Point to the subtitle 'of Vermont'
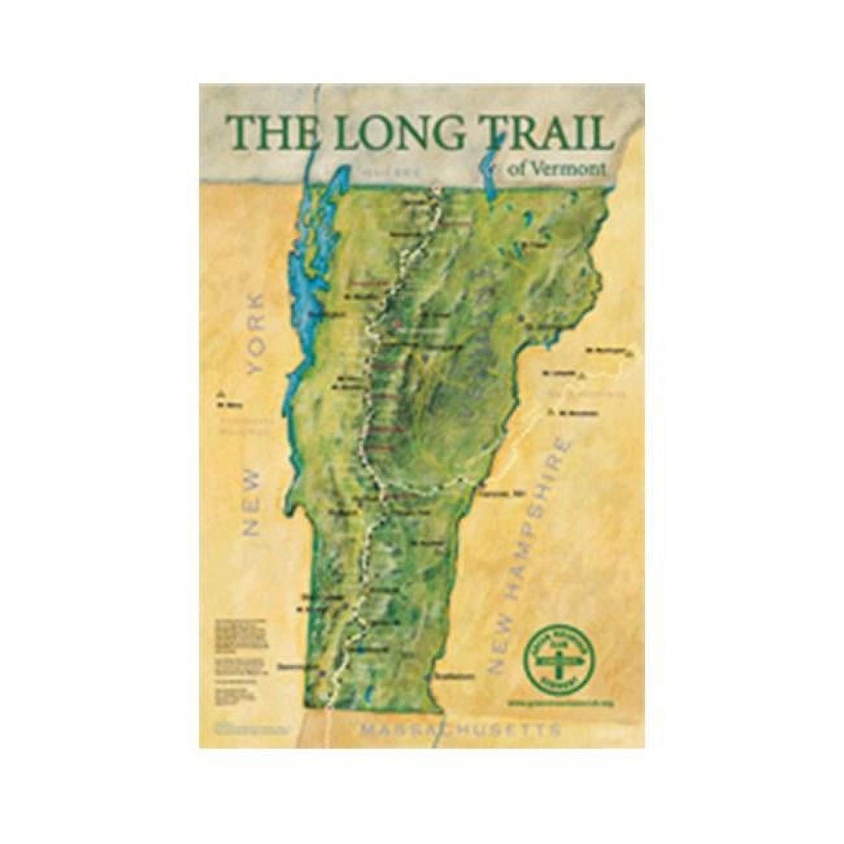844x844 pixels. click(557, 168)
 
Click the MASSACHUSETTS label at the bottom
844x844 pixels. click(461, 730)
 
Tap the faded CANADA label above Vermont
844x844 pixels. click(391, 173)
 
